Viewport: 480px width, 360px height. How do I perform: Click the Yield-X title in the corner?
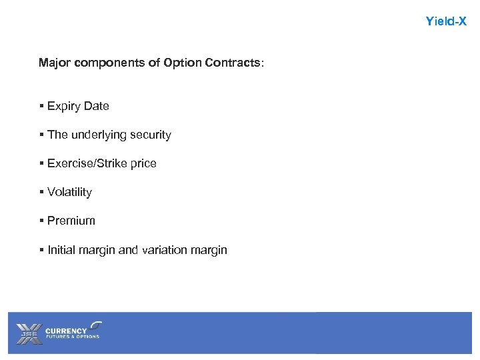point(446,21)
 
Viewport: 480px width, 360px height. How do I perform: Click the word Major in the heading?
point(55,63)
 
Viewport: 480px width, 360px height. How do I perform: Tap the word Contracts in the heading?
point(233,63)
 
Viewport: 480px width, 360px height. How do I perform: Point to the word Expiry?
point(64,106)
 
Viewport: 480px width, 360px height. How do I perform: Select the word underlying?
point(98,135)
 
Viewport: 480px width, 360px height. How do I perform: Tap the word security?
point(151,135)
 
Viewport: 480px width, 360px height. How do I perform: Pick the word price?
point(142,163)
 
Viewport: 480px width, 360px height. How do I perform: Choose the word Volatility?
point(69,192)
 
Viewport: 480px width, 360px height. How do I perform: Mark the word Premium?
point(71,221)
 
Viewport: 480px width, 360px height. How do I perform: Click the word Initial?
point(61,250)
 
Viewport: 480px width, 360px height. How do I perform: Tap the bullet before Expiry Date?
point(41,106)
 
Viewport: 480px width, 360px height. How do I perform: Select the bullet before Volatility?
point(41,192)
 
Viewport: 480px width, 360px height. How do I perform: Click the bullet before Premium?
point(41,221)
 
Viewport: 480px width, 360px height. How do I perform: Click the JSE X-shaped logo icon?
point(28,333)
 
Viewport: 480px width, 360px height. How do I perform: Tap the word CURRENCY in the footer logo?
point(66,330)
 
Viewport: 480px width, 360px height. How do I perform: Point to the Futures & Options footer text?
point(72,337)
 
